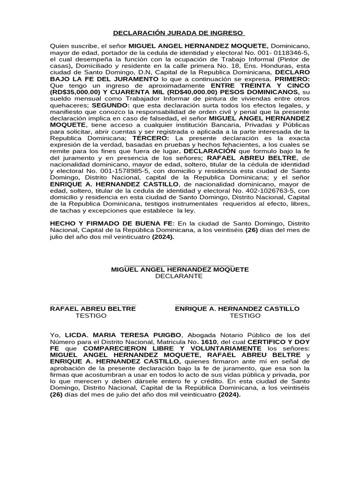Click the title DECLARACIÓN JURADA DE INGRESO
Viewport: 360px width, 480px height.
[179, 33]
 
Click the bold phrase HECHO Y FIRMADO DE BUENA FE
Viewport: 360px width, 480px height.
[112, 225]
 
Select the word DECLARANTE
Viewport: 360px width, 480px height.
[179, 276]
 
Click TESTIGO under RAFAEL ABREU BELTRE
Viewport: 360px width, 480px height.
[91, 315]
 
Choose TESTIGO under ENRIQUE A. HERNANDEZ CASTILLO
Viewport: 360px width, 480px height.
[245, 315]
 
